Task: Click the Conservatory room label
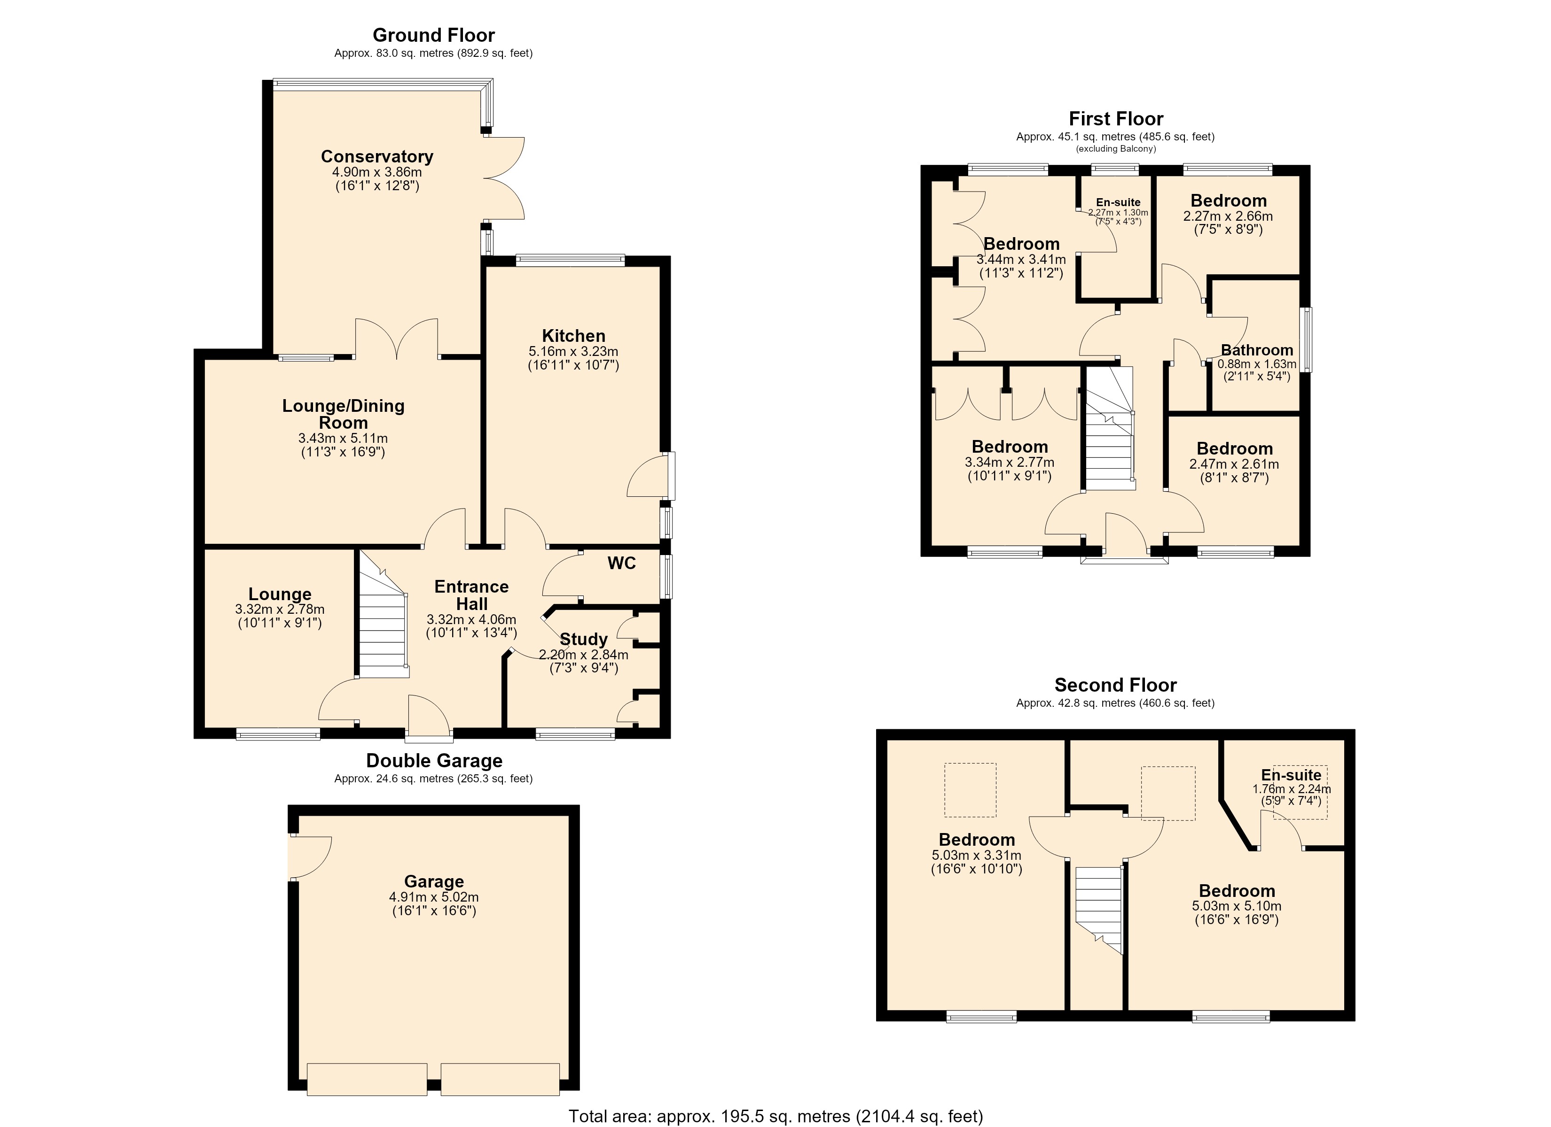377,156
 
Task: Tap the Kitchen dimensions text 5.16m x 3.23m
573,351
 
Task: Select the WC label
622,563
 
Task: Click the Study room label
583,639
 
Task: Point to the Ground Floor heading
433,35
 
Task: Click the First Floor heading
1116,119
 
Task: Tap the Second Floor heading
1115,685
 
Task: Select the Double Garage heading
434,761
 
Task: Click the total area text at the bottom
775,1116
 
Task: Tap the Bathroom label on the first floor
1257,350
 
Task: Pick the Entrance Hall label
471,595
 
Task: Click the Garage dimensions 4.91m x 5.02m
433,897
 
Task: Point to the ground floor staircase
384,615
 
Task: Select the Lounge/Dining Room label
343,414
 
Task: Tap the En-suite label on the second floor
1291,775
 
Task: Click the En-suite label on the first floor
1118,202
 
